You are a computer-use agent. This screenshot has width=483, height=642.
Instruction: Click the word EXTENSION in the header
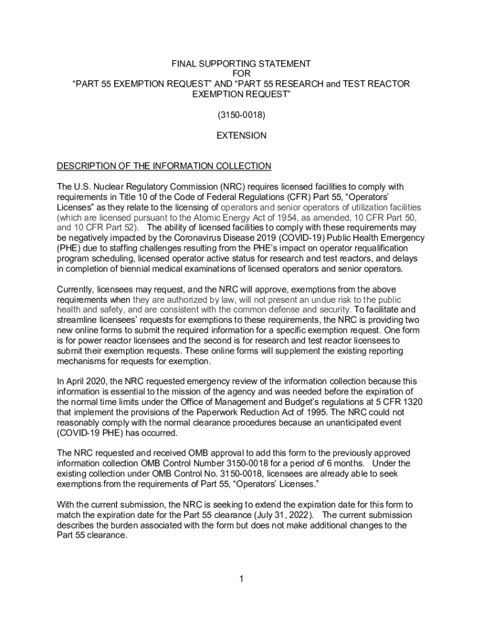point(242,135)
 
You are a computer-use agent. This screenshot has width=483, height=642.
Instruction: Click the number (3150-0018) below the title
point(242,116)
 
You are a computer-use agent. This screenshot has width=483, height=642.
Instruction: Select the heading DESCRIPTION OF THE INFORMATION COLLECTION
point(164,166)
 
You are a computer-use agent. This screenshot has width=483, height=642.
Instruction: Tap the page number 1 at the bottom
point(241,578)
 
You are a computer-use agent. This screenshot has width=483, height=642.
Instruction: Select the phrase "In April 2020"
point(82,381)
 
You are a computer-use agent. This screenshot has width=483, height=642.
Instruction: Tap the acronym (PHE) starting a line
point(68,248)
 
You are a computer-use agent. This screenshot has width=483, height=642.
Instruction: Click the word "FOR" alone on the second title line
point(242,74)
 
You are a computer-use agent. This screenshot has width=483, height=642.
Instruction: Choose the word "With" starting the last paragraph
point(66,505)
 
